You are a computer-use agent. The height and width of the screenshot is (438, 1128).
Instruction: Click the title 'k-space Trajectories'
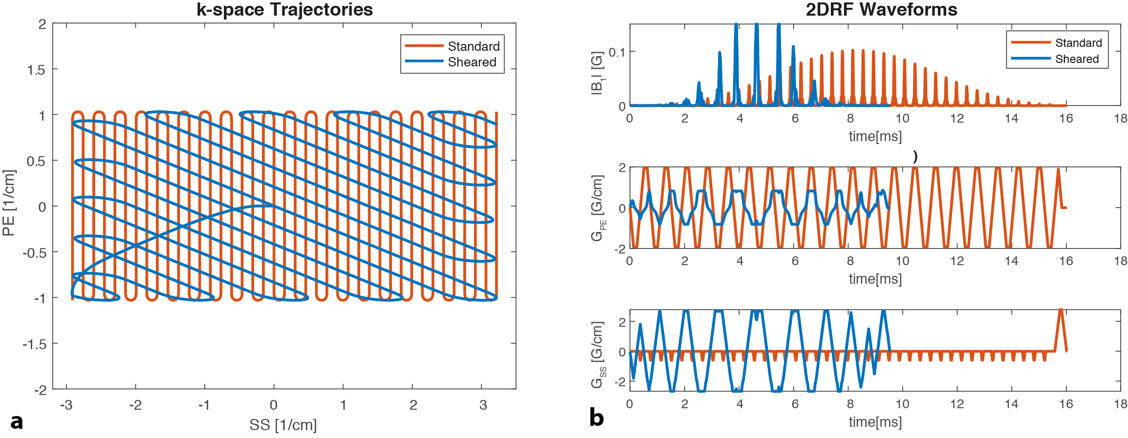point(284,10)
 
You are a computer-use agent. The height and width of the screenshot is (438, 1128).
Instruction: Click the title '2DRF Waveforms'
point(881,10)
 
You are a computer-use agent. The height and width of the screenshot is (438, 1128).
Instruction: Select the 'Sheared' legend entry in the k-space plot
point(472,62)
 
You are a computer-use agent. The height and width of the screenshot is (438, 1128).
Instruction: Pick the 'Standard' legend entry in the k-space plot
point(474,46)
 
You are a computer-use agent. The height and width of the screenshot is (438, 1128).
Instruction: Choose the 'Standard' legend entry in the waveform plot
point(1078,43)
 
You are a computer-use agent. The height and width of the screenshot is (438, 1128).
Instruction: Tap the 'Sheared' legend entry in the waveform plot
point(1077,59)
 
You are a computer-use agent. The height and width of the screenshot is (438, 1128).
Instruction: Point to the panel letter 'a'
point(17,421)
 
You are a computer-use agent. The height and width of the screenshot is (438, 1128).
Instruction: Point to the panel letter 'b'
point(596,417)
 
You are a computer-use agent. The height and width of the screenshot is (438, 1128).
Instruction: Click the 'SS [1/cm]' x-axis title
point(283,425)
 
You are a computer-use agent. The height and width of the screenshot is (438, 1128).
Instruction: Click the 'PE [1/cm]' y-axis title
point(9,203)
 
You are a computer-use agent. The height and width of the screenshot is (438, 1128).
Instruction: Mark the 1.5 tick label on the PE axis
point(36,70)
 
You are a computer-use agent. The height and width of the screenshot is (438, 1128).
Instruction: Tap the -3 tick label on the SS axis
point(66,405)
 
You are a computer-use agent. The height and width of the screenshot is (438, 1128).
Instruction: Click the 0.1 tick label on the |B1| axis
point(617,52)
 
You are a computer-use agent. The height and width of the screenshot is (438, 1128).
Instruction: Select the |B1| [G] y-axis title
point(598,73)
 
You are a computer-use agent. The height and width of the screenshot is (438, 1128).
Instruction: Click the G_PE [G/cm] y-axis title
point(598,208)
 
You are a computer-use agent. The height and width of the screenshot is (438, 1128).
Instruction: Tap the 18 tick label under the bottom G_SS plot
point(1120,404)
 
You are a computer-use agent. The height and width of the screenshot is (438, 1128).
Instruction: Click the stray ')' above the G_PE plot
point(915,157)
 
